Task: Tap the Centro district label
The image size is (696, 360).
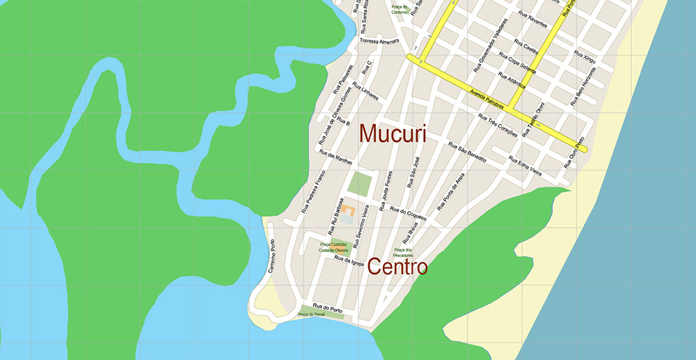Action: [397, 266]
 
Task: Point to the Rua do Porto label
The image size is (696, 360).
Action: [325, 306]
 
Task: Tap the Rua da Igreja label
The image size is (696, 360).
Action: [349, 263]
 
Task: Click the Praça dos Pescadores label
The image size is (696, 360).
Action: [404, 252]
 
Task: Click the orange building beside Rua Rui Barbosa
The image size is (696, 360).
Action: [348, 210]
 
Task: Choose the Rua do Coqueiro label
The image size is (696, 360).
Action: [409, 213]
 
